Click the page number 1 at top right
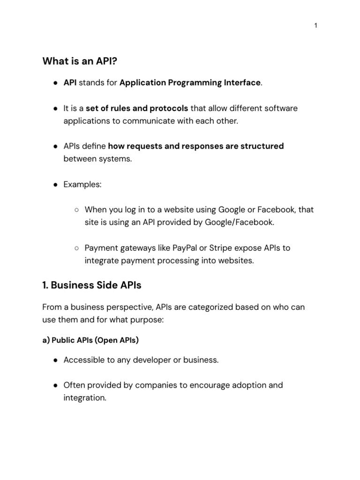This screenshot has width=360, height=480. [316, 26]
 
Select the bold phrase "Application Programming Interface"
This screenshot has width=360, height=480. [190, 83]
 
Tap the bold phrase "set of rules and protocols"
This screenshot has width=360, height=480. [137, 108]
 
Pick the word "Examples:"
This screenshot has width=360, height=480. [82, 184]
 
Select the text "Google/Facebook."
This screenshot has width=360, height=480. [239, 222]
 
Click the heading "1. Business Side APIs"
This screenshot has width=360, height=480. [92, 285]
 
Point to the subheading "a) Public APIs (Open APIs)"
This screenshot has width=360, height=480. [90, 340]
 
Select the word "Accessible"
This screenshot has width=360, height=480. [83, 360]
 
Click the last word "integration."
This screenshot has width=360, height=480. [85, 397]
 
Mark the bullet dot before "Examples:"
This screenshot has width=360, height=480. [55, 185]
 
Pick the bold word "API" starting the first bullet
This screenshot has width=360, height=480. [70, 83]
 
